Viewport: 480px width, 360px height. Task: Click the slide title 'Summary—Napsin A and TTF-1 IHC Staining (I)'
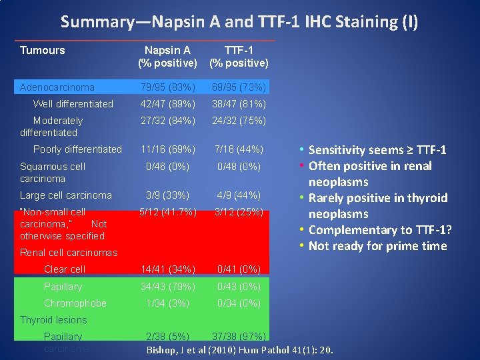[239, 22]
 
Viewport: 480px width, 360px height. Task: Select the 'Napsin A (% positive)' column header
[167, 57]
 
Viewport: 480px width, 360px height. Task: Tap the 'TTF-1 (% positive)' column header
[239, 57]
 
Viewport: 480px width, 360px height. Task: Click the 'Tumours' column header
[43, 50]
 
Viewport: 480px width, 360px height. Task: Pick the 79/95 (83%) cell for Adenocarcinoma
[167, 87]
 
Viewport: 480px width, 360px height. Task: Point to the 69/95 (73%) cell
[239, 87]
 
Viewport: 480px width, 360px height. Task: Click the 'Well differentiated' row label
[73, 104]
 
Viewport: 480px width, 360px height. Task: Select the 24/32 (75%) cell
[239, 121]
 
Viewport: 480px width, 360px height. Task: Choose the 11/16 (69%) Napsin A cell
[167, 149]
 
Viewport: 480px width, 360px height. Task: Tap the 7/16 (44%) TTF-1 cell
[239, 149]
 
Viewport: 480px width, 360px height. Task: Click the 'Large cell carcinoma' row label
[66, 195]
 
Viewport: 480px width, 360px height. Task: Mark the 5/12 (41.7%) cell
[167, 212]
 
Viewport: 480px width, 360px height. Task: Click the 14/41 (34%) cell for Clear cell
[167, 269]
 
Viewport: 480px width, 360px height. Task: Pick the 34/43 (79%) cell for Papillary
[167, 287]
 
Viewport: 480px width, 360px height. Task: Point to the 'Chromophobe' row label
[75, 303]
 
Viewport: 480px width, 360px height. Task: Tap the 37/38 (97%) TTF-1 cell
[239, 337]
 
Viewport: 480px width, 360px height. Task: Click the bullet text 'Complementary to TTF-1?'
[380, 230]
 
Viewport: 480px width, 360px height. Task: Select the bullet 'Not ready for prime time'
[377, 246]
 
